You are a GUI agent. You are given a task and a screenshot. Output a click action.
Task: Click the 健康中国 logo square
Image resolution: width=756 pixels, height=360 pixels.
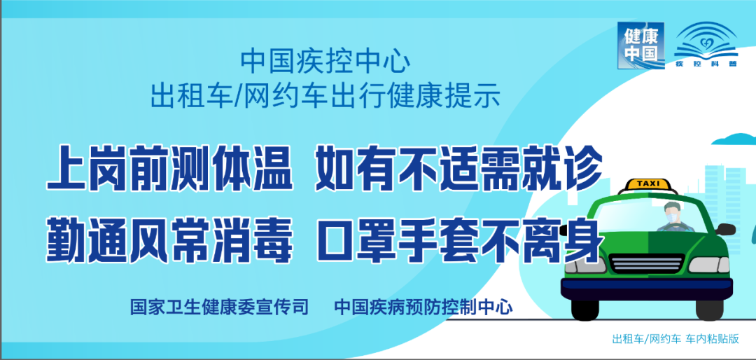[x=640, y=46]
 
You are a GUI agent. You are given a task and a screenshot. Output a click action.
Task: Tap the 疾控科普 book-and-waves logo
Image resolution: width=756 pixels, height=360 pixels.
[x=705, y=46]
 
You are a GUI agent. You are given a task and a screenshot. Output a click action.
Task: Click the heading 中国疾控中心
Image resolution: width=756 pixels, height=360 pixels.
[x=325, y=62]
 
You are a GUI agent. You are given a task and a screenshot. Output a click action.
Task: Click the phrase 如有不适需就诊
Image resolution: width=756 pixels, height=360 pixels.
[x=458, y=170]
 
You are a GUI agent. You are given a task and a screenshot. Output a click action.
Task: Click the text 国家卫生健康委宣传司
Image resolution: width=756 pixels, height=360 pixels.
[x=219, y=307]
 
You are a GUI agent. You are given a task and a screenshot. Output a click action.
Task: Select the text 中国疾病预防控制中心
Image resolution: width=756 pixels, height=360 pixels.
[x=423, y=307]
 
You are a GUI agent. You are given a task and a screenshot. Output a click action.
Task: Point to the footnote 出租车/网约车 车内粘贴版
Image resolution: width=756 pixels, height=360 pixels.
[x=675, y=340]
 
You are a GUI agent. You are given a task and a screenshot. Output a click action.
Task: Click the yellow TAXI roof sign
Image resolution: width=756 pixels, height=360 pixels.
[x=647, y=184]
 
